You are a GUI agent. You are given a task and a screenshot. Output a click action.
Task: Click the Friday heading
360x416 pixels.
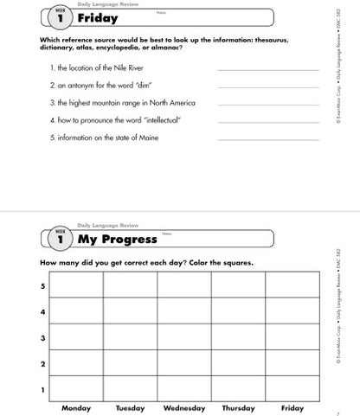(98, 17)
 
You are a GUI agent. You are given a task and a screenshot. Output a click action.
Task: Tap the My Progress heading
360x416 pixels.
(118, 239)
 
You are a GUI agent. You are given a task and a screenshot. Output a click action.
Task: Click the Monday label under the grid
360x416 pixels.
(76, 407)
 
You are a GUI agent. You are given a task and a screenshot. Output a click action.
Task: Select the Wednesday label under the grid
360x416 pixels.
(184, 407)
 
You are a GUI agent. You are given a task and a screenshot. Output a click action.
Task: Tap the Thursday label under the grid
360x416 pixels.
(238, 407)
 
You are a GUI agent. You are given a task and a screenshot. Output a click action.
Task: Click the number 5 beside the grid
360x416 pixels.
(42, 285)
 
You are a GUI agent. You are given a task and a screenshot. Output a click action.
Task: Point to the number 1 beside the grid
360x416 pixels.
(42, 389)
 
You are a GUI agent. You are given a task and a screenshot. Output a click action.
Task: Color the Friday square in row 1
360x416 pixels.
(292, 388)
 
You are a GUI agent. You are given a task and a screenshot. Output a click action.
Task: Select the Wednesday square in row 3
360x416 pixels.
(183, 336)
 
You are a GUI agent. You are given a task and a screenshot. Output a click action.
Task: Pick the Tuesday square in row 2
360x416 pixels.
(130, 362)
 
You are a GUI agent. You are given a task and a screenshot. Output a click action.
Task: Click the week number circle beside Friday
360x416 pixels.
(60, 17)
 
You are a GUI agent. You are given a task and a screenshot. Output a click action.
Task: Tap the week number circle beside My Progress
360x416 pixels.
(60, 239)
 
